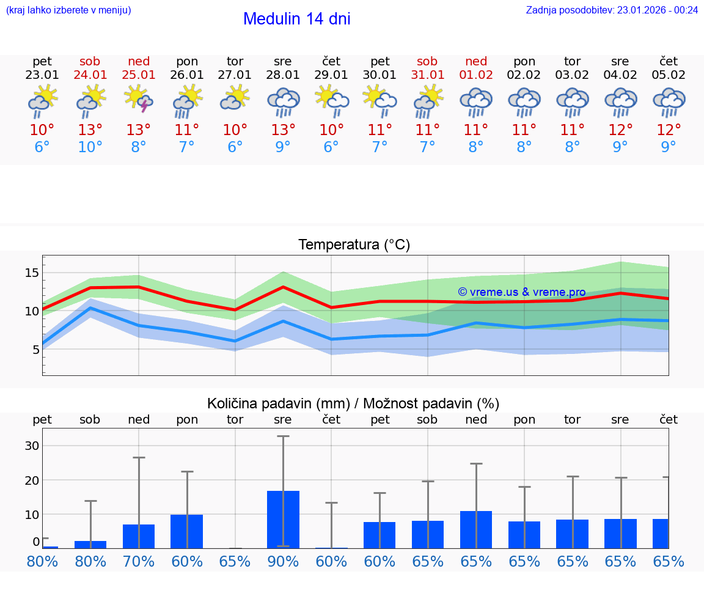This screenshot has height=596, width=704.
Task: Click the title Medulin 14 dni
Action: pyautogui.click(x=296, y=19)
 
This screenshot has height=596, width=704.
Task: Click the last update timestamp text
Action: pyautogui.click(x=612, y=10)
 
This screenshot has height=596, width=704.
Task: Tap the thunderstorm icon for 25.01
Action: pyautogui.click(x=139, y=99)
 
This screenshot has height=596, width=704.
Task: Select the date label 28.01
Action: pyautogui.click(x=283, y=75)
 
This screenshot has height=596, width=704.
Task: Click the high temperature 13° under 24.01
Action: pyautogui.click(x=90, y=130)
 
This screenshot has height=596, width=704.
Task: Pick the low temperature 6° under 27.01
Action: pyautogui.click(x=235, y=147)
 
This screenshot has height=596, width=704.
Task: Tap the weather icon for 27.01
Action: pyautogui.click(x=235, y=99)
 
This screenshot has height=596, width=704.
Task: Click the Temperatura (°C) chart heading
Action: pyautogui.click(x=354, y=245)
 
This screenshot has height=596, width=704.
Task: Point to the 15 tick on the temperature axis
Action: pyautogui.click(x=32, y=273)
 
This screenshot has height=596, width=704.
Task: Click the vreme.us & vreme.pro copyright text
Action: pyautogui.click(x=521, y=292)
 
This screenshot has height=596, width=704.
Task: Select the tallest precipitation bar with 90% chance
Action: pyautogui.click(x=283, y=519)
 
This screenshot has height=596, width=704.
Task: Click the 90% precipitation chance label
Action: pyautogui.click(x=283, y=562)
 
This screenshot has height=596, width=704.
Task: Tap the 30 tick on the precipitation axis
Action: pyautogui.click(x=32, y=446)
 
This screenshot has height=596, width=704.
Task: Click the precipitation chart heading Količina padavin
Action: pyautogui.click(x=353, y=403)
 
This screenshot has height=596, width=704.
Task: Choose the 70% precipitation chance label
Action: pyautogui.click(x=139, y=562)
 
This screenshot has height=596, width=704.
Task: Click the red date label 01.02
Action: pyautogui.click(x=476, y=75)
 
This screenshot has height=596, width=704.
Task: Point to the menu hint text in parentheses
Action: pyautogui.click(x=68, y=10)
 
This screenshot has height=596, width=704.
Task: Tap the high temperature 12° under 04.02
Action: pyautogui.click(x=620, y=130)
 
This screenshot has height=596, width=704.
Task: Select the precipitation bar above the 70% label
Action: pyautogui.click(x=139, y=536)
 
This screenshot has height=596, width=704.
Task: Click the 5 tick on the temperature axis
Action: pyautogui.click(x=35, y=350)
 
